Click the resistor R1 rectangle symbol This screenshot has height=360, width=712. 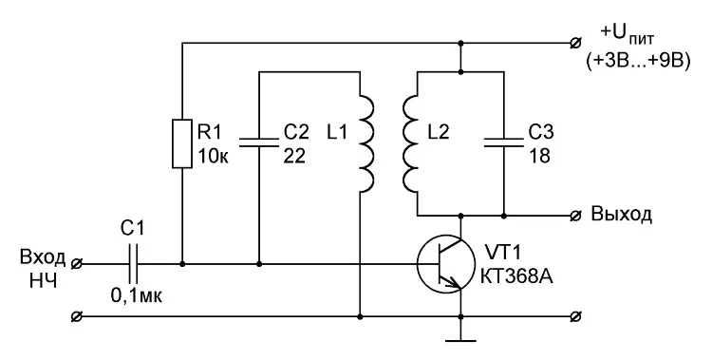coord(182,143)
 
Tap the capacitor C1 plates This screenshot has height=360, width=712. coord(133,264)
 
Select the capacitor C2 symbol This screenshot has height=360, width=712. coord(259,142)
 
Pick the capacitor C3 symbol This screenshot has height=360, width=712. coord(503,142)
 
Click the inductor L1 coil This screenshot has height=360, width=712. coord(366,143)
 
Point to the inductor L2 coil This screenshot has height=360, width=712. coord(409,143)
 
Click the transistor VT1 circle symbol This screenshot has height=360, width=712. coord(446,264)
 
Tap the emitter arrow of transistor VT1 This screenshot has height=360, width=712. coord(453,284)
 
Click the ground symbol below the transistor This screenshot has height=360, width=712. coord(460,340)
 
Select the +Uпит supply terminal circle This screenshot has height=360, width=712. coord(575,44)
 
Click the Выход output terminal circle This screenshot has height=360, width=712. coord(575,215)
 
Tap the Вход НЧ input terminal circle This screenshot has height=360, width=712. coord(77,264)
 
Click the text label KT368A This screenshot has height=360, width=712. coord(516,276)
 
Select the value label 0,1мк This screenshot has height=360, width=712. coord(136,296)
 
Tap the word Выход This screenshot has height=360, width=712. coord(621,214)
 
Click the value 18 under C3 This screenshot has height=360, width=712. coord(539,156)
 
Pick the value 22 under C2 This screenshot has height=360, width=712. coord(294,156)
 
